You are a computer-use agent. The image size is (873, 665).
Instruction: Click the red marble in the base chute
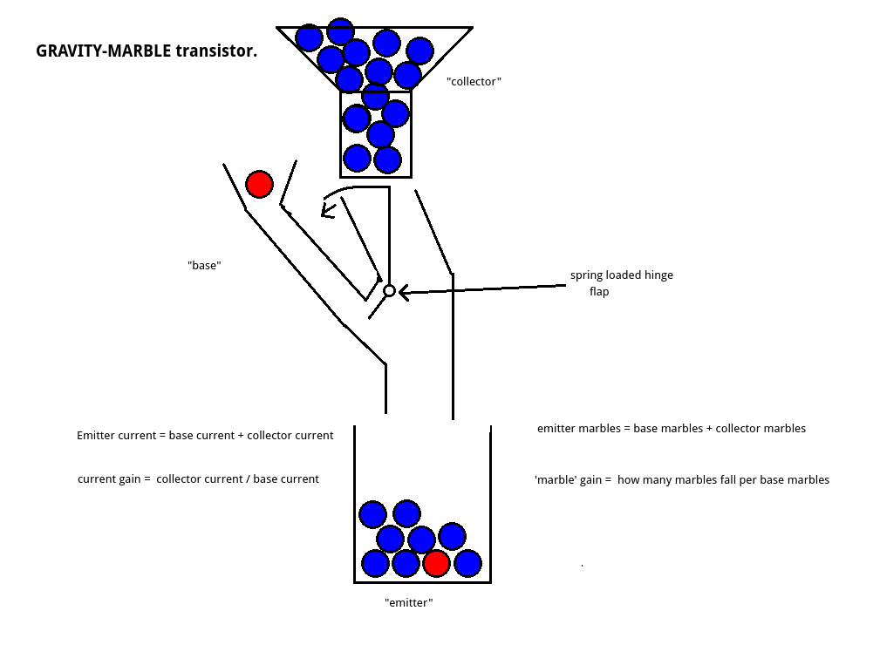(259, 185)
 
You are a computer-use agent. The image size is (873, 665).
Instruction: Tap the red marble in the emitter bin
(436, 563)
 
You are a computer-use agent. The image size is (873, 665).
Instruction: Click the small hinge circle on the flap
(390, 290)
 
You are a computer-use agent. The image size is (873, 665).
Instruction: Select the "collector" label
(474, 81)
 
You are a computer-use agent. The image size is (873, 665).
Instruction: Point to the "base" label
(204, 265)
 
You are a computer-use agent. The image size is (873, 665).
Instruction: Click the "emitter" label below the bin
(409, 602)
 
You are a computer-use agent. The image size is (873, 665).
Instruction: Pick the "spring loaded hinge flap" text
(621, 283)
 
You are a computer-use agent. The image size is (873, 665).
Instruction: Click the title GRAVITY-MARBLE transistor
(147, 51)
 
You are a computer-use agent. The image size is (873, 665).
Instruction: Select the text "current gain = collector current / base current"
(198, 478)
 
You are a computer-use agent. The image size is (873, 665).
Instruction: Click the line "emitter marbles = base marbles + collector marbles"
(671, 428)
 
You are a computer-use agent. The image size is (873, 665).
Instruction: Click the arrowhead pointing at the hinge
(404, 291)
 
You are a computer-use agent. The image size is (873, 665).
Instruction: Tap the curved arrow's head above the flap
(327, 209)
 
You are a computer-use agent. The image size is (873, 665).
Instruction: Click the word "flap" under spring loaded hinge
(599, 292)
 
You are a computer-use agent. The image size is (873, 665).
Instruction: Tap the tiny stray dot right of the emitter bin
(582, 566)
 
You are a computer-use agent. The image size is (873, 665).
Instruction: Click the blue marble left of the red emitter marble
(406, 563)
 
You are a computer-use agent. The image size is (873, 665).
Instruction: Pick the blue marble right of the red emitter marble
(467, 563)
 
